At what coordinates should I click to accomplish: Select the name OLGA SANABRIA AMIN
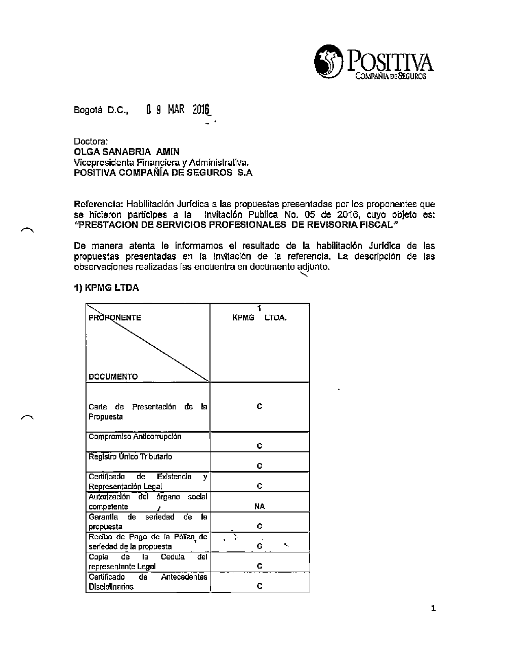point(126,152)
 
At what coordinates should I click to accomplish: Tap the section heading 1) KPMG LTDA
point(106,288)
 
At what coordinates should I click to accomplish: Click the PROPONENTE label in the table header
point(115,318)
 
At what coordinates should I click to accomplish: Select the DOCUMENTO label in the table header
point(113,377)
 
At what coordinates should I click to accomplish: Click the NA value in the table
point(260,506)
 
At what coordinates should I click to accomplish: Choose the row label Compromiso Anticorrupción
point(135,437)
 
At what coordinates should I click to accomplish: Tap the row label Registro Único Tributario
point(130,457)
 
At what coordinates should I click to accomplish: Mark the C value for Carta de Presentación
point(260,406)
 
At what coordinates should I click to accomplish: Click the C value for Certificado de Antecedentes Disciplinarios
point(260,586)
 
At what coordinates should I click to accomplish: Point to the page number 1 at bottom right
point(433,609)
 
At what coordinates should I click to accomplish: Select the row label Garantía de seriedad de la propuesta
point(148,522)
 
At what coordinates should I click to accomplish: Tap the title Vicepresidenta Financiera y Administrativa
point(161,162)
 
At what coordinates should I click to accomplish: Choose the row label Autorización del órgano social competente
point(148,501)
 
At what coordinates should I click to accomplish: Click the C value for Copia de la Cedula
point(260,566)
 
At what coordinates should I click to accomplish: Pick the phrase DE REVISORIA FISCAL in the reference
point(345,225)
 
